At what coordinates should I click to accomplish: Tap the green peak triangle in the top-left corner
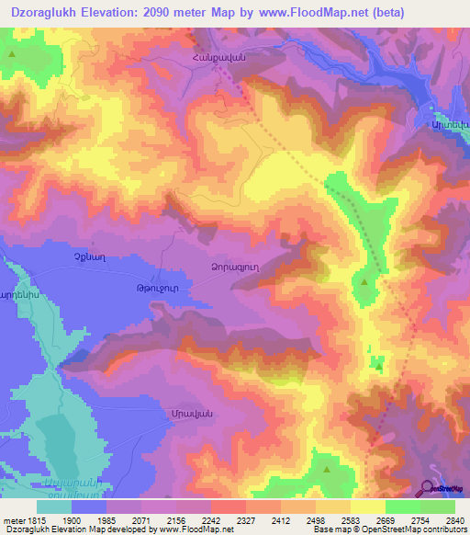(12, 54)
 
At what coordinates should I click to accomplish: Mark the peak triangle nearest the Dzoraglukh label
(365, 282)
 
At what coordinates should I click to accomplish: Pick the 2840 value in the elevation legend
(454, 519)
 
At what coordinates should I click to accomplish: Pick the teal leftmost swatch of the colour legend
(53, 507)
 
